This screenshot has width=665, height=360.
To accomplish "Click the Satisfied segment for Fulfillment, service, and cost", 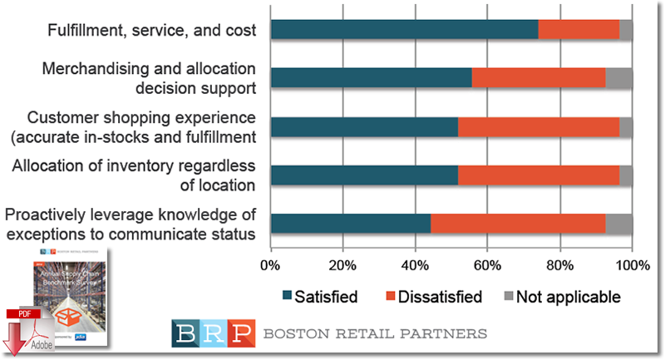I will click(x=404, y=29).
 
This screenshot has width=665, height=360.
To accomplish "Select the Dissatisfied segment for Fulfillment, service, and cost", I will click(x=579, y=29).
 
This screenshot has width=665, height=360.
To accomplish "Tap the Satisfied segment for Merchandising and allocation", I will click(x=371, y=77).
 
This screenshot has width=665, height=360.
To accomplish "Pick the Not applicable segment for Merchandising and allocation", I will click(x=618, y=77).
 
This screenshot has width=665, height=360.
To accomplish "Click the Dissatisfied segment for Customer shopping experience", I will click(x=539, y=126).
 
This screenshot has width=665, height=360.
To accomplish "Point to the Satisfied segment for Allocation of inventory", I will click(x=364, y=175).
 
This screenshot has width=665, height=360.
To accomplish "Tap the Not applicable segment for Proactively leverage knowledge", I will click(x=618, y=224).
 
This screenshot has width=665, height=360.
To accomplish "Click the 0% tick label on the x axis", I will click(x=271, y=266).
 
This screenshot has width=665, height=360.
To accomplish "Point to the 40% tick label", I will click(x=416, y=266).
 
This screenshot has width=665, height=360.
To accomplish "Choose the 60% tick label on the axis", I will click(x=487, y=266).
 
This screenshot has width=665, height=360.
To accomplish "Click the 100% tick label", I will click(x=631, y=266).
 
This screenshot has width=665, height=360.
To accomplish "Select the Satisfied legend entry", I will click(x=320, y=296).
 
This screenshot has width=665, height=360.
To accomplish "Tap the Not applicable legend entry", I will click(x=563, y=296).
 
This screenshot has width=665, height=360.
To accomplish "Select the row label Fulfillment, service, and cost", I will click(x=151, y=30).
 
